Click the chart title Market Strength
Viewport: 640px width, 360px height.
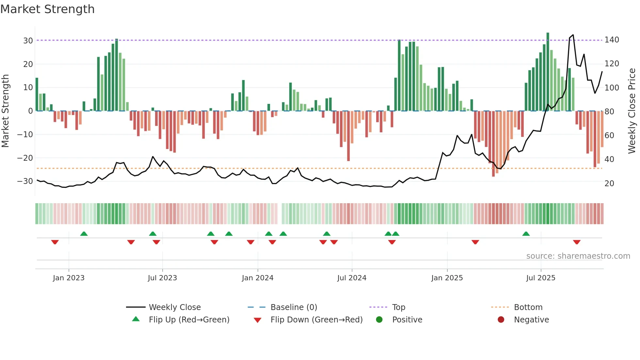[47, 9]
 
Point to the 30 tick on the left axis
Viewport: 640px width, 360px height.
[28, 41]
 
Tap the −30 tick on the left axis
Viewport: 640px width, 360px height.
[25, 181]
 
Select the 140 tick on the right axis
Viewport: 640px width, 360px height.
[612, 40]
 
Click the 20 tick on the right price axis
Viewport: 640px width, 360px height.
[609, 183]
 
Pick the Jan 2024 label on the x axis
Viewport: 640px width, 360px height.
[258, 278]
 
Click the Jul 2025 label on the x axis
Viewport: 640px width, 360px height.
[541, 278]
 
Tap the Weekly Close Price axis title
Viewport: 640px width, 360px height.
[632, 111]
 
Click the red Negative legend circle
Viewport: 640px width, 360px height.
[501, 319]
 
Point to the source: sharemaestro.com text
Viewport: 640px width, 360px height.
[578, 256]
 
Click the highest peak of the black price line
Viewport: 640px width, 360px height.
[573, 35]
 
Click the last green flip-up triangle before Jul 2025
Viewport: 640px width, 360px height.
[526, 234]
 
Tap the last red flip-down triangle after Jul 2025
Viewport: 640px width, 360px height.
[577, 242]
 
